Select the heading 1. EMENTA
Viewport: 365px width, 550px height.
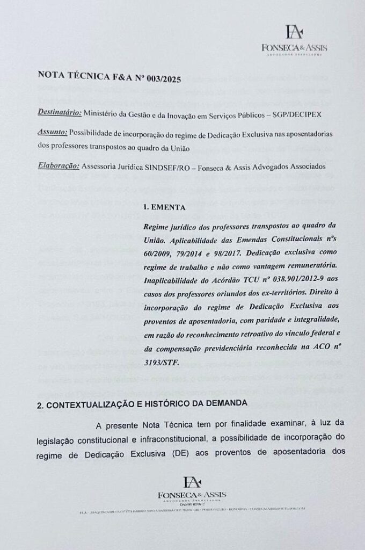pyautogui.click(x=166, y=206)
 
